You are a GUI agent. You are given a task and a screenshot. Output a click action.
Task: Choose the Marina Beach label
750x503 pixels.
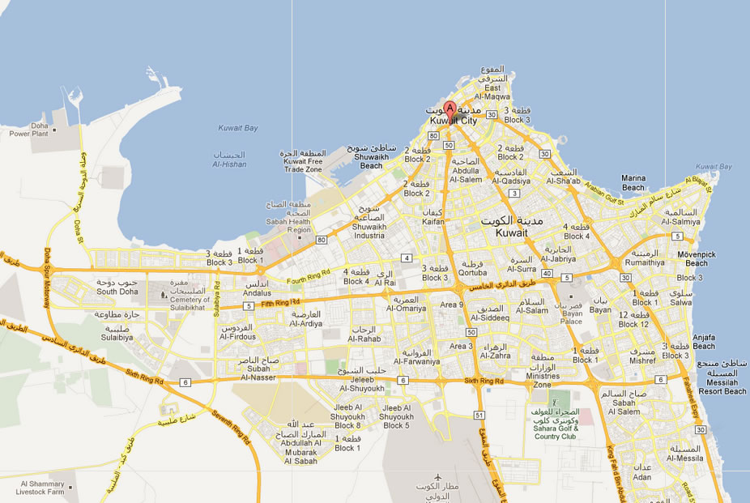point(633,182)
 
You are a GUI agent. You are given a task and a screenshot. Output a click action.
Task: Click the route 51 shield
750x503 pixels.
point(479,416)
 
